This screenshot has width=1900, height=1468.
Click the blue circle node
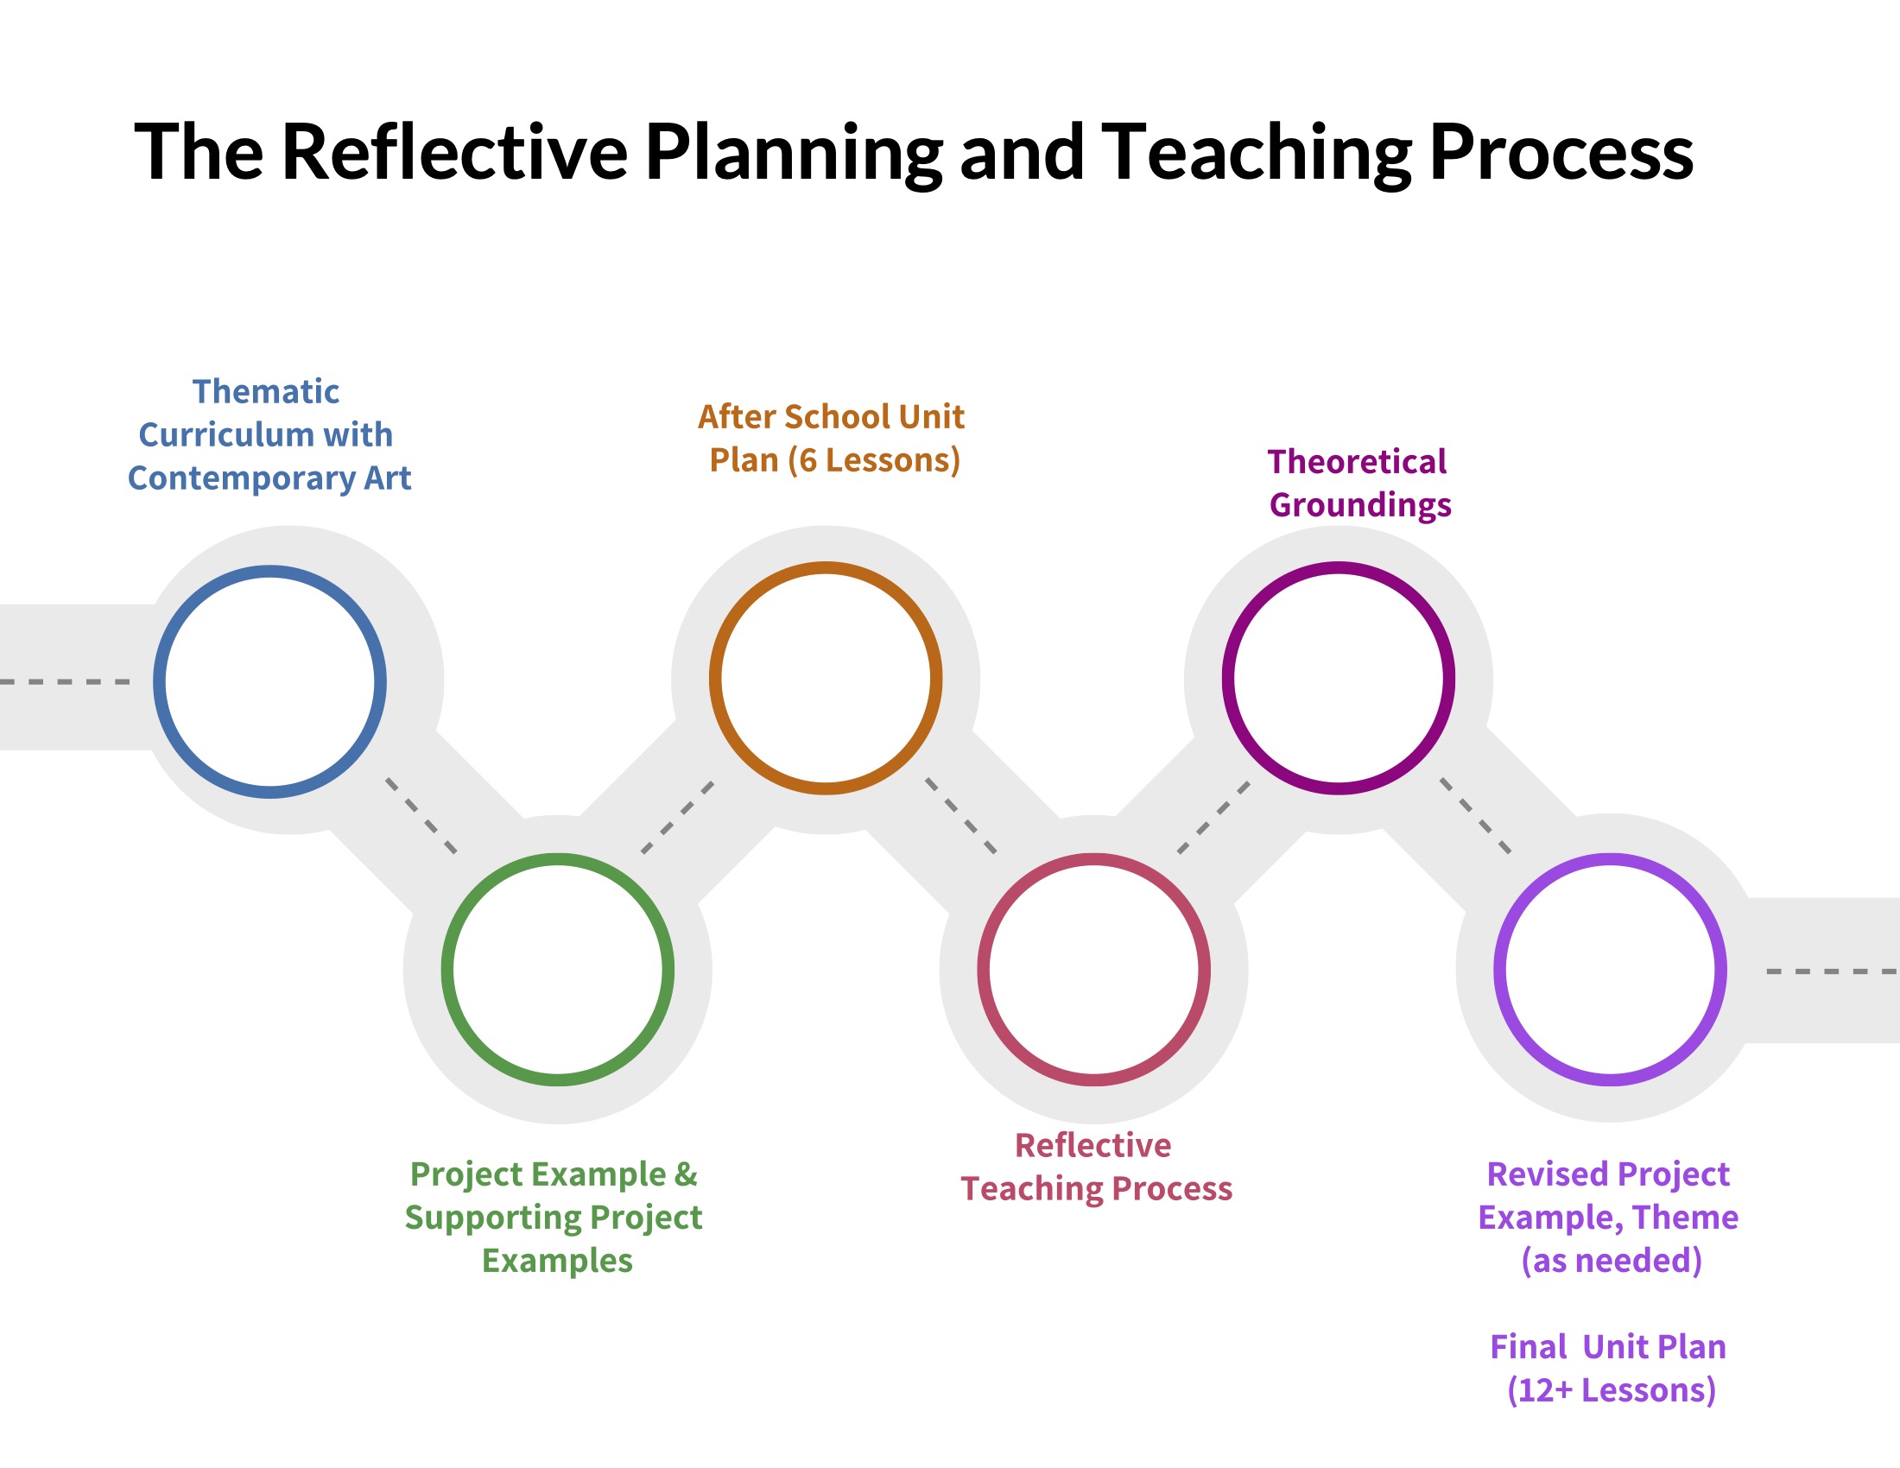pos(269,682)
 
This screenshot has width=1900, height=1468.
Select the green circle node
pos(557,969)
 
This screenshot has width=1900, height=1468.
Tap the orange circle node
pos(825,678)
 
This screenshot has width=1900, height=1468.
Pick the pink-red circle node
pos(1092,969)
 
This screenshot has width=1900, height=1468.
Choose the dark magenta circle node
pos(1337,678)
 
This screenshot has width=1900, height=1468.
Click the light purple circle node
pos(1610,969)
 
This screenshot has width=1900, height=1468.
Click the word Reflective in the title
pos(454,152)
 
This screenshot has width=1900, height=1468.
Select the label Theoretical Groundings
pos(1358,483)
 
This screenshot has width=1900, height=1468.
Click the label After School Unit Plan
pos(832,439)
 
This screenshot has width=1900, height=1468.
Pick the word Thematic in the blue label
pos(265,391)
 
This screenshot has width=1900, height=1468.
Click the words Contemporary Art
pos(269,478)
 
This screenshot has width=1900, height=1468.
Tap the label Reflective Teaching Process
pos(1095,1167)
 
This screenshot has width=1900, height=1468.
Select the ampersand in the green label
pos(686,1174)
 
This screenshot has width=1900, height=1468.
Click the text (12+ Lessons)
pos(1612,1389)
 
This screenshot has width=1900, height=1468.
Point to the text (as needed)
pos(1612,1260)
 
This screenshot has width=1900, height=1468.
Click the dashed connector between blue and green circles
pos(421,816)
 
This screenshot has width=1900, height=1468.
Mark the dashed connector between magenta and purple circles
pos(1475,816)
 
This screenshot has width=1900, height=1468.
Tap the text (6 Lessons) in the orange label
pos(873,460)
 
